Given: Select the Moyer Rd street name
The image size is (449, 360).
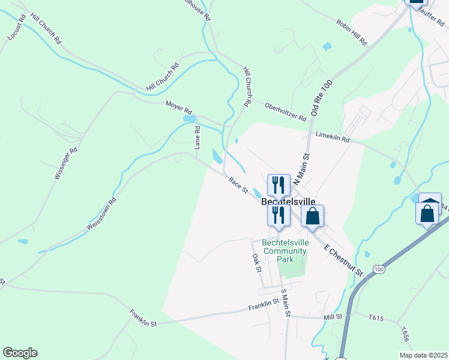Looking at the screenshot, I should [x=179, y=110].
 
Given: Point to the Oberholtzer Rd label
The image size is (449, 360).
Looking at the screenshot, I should [x=285, y=109].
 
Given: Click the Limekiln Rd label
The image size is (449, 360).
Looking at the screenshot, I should [x=332, y=138].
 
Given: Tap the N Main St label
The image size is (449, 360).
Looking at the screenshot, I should [x=305, y=166].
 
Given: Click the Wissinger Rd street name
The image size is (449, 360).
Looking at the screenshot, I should [x=66, y=164].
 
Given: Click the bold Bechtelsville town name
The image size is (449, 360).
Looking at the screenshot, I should [x=289, y=202].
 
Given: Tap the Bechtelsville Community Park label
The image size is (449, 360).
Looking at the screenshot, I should [x=285, y=251].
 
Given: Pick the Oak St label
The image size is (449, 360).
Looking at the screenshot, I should [x=256, y=262].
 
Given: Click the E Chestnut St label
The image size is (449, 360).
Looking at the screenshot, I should [x=344, y=260].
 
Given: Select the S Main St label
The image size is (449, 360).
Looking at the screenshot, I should [x=286, y=302].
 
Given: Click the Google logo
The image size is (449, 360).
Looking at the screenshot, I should [x=20, y=353].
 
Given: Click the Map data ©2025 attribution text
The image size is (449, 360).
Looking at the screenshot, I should [x=423, y=355].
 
